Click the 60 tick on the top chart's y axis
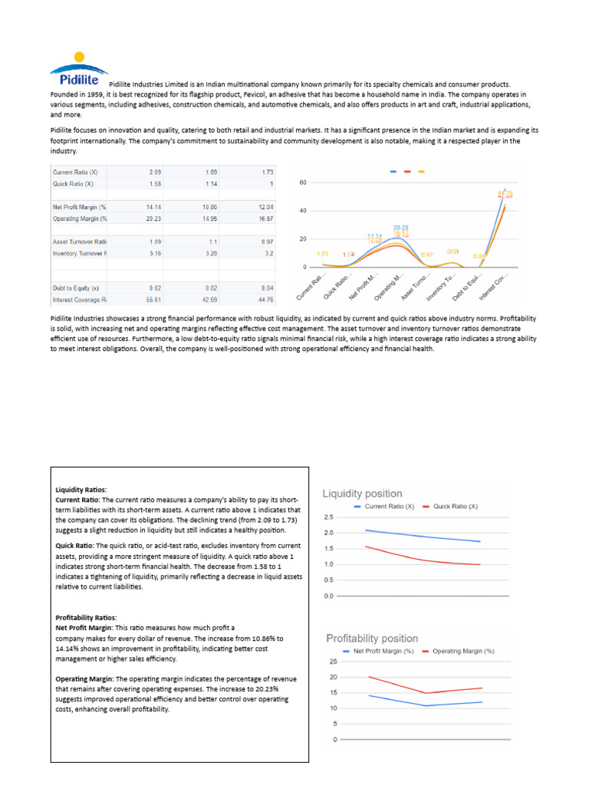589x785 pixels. pyautogui.click(x=303, y=182)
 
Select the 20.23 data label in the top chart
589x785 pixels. pyautogui.click(x=401, y=227)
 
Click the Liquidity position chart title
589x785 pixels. pyautogui.click(x=362, y=494)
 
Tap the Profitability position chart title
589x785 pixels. pyautogui.click(x=372, y=638)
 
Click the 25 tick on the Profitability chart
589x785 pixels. pyautogui.click(x=334, y=662)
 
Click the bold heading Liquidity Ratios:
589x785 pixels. pyautogui.click(x=81, y=489)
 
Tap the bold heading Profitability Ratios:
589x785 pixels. pyautogui.click(x=86, y=617)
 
